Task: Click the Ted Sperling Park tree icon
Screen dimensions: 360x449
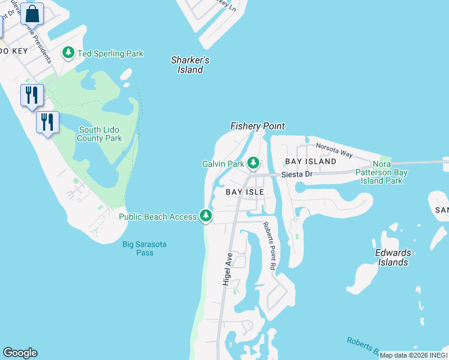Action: [68, 53]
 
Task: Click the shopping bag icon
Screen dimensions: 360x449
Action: [32, 13]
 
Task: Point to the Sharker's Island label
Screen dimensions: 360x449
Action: [190, 65]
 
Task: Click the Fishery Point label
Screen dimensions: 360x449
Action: [258, 126]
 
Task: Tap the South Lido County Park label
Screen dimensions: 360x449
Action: [100, 134]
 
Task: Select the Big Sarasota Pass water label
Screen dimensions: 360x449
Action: [145, 248]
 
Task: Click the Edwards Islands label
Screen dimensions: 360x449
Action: [393, 257]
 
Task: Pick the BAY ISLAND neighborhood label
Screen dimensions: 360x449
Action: [310, 161]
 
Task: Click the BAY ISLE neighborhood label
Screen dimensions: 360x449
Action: [245, 192]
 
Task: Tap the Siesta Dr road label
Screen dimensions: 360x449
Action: [297, 174]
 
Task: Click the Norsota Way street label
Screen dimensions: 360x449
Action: [334, 151]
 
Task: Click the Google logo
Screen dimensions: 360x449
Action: [20, 353]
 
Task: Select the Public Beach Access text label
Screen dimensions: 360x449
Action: [158, 217]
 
